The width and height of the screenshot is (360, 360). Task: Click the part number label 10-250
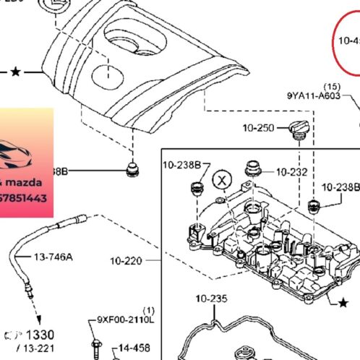(x=258, y=128)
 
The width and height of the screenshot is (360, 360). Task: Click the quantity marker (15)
(x=332, y=85)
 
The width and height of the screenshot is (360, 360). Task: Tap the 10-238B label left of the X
(x=181, y=165)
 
